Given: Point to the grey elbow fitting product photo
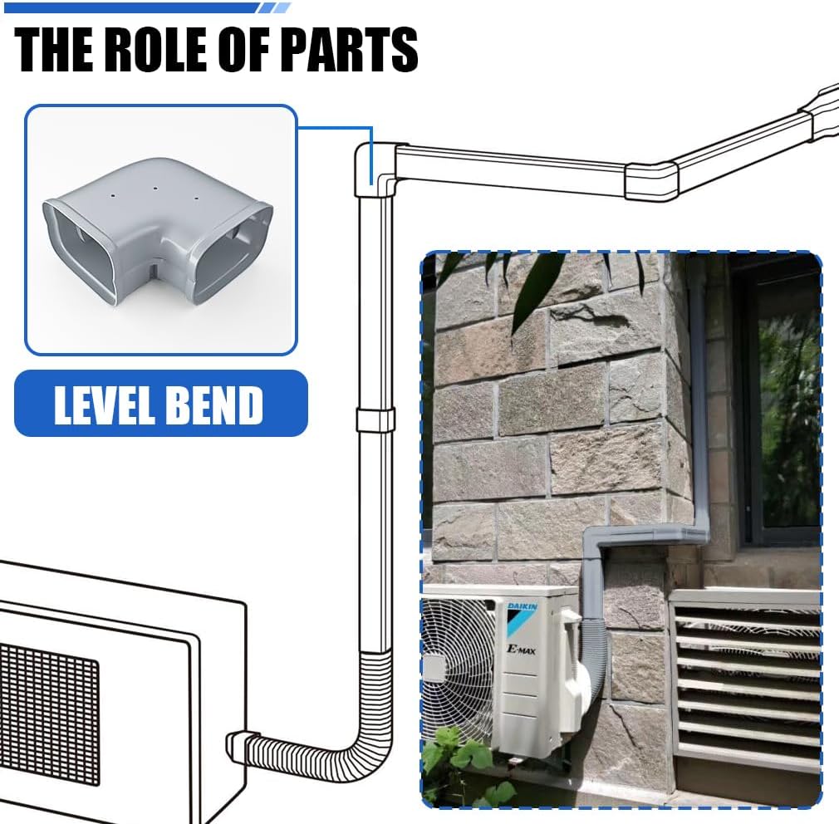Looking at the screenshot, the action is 158,233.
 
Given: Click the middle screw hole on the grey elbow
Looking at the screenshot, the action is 155,189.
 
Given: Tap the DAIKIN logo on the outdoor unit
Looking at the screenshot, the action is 522,606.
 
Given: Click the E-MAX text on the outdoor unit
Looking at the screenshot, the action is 521,650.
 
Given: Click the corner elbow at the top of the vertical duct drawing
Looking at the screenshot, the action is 374,169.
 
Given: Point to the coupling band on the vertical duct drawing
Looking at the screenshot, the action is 375,419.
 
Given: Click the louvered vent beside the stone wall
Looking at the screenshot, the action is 747,679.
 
